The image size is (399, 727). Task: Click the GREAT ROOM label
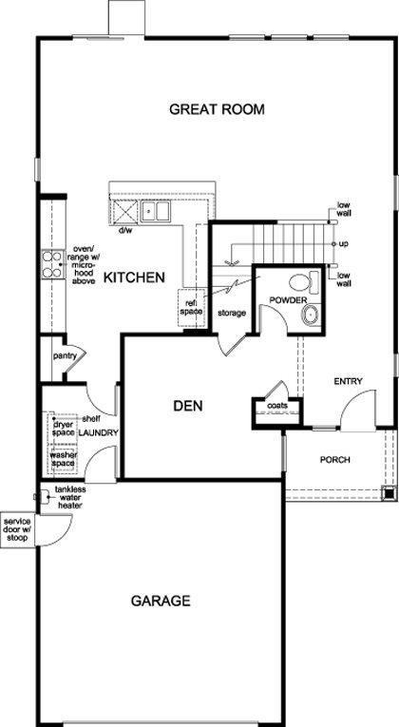pos(217,109)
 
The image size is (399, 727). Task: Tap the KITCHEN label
pos(133,277)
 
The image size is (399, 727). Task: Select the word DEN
pos(188,406)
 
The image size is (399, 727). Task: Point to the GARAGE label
pos(161,601)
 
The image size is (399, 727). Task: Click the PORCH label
pos(334,460)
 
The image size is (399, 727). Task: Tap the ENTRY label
pos(348,381)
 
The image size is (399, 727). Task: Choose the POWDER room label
pos(289,301)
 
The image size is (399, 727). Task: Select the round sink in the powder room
pos(310,315)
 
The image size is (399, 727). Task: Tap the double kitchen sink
pos(155,211)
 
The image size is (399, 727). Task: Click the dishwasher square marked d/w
pos(123,211)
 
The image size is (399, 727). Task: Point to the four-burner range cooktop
pos(53,264)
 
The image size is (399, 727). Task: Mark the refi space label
pos(191,307)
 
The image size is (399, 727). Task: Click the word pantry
pos(65,355)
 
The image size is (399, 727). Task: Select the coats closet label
pos(276,405)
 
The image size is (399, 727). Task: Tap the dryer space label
pos(64,429)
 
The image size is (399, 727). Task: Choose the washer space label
pos(64,459)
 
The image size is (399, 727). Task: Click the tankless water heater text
pos(70,497)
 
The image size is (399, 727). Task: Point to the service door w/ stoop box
pos(17,530)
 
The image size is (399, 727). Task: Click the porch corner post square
pos(388,493)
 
